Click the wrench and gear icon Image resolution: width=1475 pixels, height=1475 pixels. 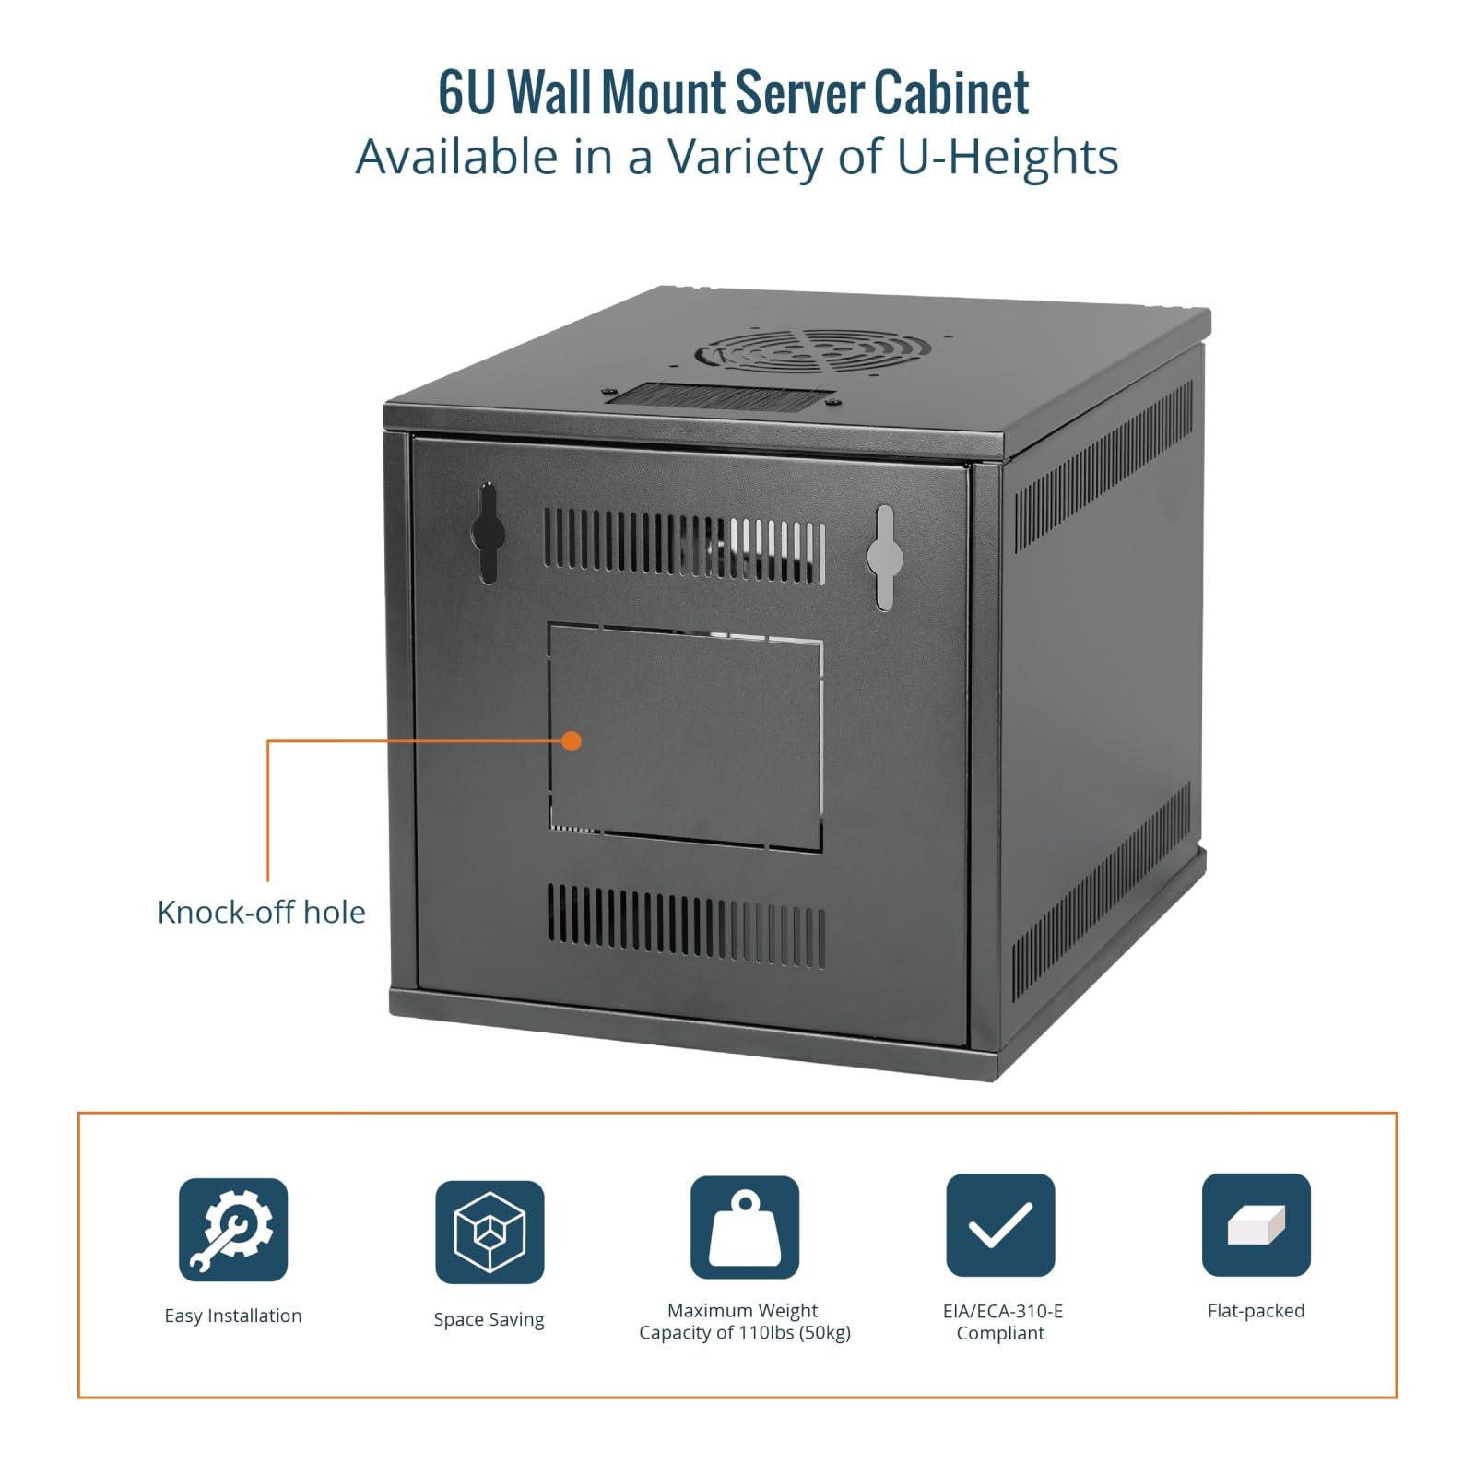[x=233, y=1229]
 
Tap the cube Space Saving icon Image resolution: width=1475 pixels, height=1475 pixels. [x=490, y=1232]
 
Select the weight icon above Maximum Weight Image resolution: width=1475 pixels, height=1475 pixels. [x=745, y=1227]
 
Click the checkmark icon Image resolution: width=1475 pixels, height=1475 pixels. [x=1000, y=1225]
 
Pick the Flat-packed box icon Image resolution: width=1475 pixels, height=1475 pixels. [x=1256, y=1225]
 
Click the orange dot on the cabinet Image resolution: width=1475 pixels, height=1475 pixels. [x=572, y=740]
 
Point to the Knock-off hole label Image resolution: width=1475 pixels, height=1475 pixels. [x=261, y=912]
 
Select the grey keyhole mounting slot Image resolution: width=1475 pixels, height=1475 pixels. [x=884, y=557]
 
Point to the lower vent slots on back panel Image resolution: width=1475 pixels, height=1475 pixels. [x=686, y=926]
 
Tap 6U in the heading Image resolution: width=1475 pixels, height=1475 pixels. [x=466, y=92]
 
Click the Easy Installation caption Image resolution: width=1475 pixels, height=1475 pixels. [x=233, y=1316]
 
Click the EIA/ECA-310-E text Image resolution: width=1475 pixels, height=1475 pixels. [x=1002, y=1310]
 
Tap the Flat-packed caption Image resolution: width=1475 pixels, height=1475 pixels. [x=1256, y=1310]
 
